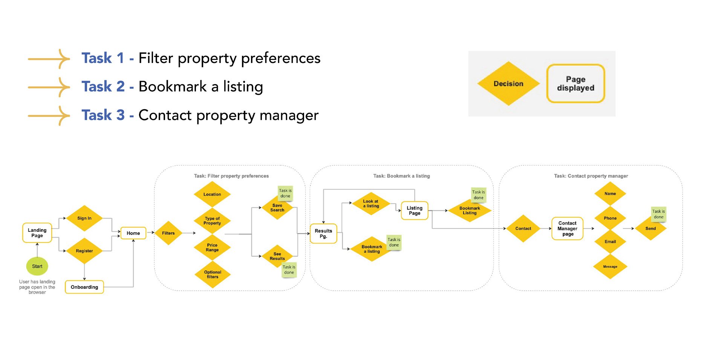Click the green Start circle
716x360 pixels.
click(37, 266)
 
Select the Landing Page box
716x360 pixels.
click(37, 233)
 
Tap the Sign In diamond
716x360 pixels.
click(84, 218)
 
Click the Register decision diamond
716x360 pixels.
click(84, 251)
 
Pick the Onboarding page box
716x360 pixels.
click(84, 287)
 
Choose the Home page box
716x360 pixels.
click(133, 233)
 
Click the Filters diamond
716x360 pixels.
click(168, 233)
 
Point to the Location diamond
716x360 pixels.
click(212, 194)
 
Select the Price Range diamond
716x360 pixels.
click(212, 247)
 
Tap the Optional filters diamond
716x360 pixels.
click(213, 274)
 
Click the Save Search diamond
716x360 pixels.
click(277, 208)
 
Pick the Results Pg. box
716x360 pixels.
click(323, 233)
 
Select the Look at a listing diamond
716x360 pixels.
click(371, 204)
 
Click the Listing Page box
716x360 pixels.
click(415, 210)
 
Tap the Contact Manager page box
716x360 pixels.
click(568, 228)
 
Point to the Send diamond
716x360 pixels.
click(650, 228)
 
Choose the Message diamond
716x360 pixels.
click(610, 267)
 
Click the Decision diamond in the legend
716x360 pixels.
click(508, 83)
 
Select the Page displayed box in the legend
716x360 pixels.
click(575, 83)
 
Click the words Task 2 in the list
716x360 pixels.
click(103, 86)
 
